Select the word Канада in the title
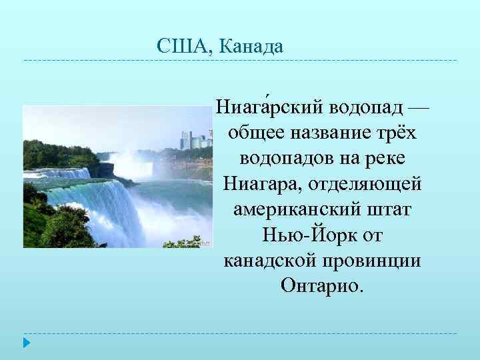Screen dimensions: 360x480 pyautogui.click(x=251, y=47)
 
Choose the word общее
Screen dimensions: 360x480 pyautogui.click(x=255, y=133)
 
